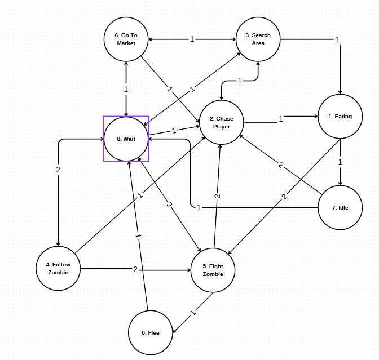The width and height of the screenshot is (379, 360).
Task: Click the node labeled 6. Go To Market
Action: (x=126, y=39)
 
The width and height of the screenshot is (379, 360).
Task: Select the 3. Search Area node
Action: (x=258, y=39)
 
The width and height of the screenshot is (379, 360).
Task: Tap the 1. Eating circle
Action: (x=340, y=117)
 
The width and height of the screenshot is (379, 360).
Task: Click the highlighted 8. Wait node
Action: (x=126, y=139)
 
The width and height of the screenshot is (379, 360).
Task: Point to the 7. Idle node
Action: (x=340, y=207)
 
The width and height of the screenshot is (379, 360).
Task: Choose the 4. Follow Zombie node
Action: (x=58, y=268)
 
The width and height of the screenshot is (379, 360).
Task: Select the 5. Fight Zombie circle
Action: (x=213, y=270)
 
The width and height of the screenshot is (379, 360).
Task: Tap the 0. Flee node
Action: (x=151, y=332)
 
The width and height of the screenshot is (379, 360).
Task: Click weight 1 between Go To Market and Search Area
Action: (x=192, y=39)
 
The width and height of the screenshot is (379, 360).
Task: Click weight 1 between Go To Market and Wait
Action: (x=126, y=89)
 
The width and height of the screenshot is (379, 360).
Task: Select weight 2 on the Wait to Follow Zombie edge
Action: (x=58, y=170)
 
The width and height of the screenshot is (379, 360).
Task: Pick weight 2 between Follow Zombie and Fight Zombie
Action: (x=135, y=270)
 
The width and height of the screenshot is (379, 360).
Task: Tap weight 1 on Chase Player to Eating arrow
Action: (x=281, y=119)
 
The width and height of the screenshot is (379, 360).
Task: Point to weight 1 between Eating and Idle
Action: (x=340, y=161)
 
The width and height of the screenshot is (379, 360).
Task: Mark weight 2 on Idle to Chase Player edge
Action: (x=280, y=165)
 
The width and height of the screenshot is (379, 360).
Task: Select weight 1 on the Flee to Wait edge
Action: (x=138, y=235)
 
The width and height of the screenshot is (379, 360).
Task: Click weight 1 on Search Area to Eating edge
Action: (x=337, y=40)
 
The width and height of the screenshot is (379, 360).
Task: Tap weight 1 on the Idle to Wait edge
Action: (x=199, y=208)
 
